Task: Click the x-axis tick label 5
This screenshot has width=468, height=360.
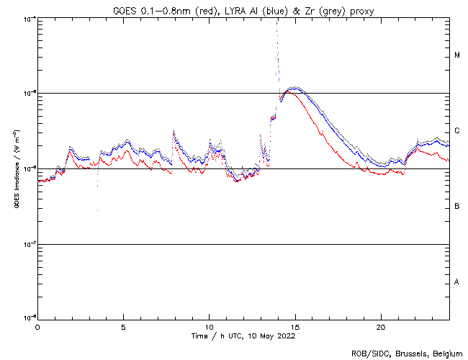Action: coord(123,326)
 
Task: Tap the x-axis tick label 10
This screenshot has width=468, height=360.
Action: coord(209,326)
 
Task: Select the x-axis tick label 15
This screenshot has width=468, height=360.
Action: coord(294,326)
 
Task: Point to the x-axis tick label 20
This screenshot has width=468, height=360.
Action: coord(380,326)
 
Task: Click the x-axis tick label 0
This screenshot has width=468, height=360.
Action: coord(37,326)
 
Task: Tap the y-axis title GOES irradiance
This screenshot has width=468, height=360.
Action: coord(16,169)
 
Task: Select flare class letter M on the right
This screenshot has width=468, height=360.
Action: coord(457,55)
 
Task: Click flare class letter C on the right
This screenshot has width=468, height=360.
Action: coord(457,130)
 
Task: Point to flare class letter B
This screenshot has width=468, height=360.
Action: coord(457,207)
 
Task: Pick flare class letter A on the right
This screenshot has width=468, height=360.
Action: coord(457,282)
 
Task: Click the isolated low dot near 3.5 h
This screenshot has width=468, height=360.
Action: coord(97,210)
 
